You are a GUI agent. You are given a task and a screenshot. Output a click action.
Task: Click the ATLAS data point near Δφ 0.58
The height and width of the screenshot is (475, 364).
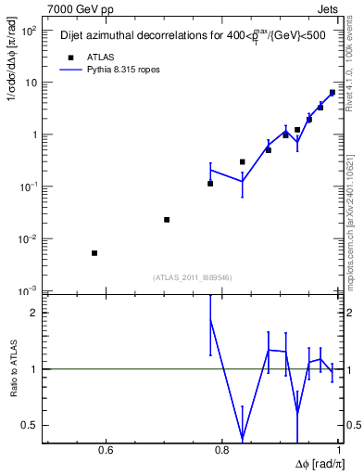tap(94, 253)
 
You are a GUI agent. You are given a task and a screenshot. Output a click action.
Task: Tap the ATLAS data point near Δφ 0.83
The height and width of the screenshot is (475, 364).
tap(243, 162)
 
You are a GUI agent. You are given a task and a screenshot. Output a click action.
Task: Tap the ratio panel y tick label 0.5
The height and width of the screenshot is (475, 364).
tap(31, 426)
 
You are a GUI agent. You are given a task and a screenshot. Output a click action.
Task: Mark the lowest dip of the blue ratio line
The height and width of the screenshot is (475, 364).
tap(243, 438)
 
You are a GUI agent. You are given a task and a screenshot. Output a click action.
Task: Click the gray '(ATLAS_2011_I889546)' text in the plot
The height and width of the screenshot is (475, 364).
tap(191, 276)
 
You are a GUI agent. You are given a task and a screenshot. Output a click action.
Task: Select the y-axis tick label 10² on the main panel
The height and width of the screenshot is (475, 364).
tap(30, 30)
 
